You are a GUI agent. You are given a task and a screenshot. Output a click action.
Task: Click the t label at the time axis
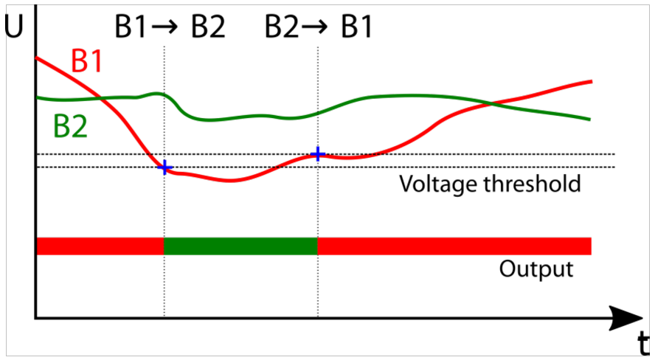[x=644, y=343]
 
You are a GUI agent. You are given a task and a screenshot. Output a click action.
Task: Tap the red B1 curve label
[x=86, y=61]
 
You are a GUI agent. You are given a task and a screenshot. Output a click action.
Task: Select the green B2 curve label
[x=70, y=126]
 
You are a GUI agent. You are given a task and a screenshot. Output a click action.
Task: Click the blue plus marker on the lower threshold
[x=164, y=167]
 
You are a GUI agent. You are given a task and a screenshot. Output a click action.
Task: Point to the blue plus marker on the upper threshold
[x=318, y=154]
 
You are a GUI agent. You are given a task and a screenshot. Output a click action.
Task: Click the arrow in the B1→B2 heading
[x=165, y=27]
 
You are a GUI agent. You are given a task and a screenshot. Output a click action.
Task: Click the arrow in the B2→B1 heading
[x=315, y=27]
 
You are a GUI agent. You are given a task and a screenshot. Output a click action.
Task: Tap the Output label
[x=536, y=269]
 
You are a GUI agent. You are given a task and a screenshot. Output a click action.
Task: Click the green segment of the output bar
[x=240, y=246]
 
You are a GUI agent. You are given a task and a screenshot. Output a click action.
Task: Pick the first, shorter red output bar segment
[x=100, y=246]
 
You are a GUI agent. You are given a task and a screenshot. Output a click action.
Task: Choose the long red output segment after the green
[x=454, y=246]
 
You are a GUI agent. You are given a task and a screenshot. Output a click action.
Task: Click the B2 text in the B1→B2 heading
[x=208, y=27]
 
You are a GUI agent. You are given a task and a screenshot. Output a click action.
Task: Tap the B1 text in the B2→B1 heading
[x=356, y=27]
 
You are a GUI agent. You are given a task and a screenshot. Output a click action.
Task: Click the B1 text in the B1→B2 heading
[x=131, y=27]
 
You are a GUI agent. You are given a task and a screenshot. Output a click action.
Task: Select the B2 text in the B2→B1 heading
[x=282, y=27]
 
